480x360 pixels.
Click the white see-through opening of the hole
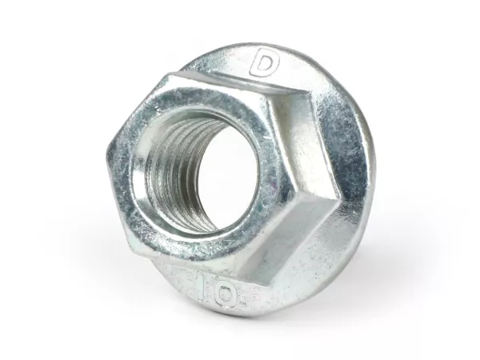(229, 174)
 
